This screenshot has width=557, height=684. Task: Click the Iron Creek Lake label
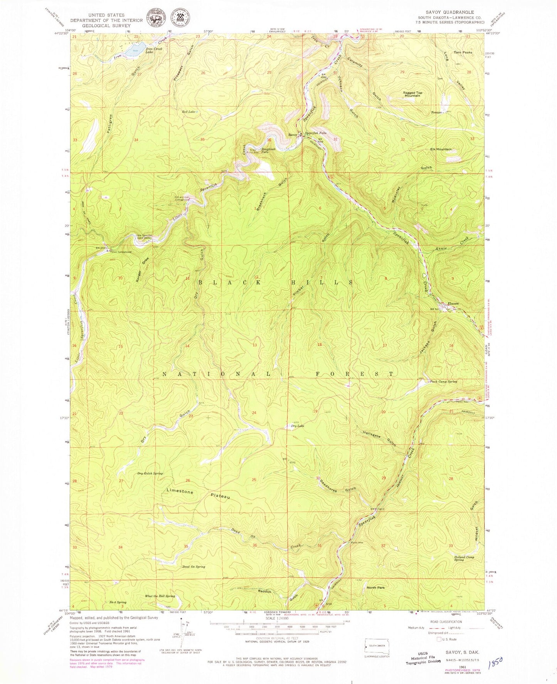[154, 50]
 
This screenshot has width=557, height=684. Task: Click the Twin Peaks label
[463, 52]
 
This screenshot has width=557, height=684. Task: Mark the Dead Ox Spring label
[194, 567]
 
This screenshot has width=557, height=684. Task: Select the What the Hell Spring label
[160, 596]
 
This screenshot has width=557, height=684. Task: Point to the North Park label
[376, 588]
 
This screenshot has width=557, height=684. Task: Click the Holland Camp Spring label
[464, 558]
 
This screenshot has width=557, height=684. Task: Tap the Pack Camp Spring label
[443, 381]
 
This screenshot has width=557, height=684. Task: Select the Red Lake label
[188, 112]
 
